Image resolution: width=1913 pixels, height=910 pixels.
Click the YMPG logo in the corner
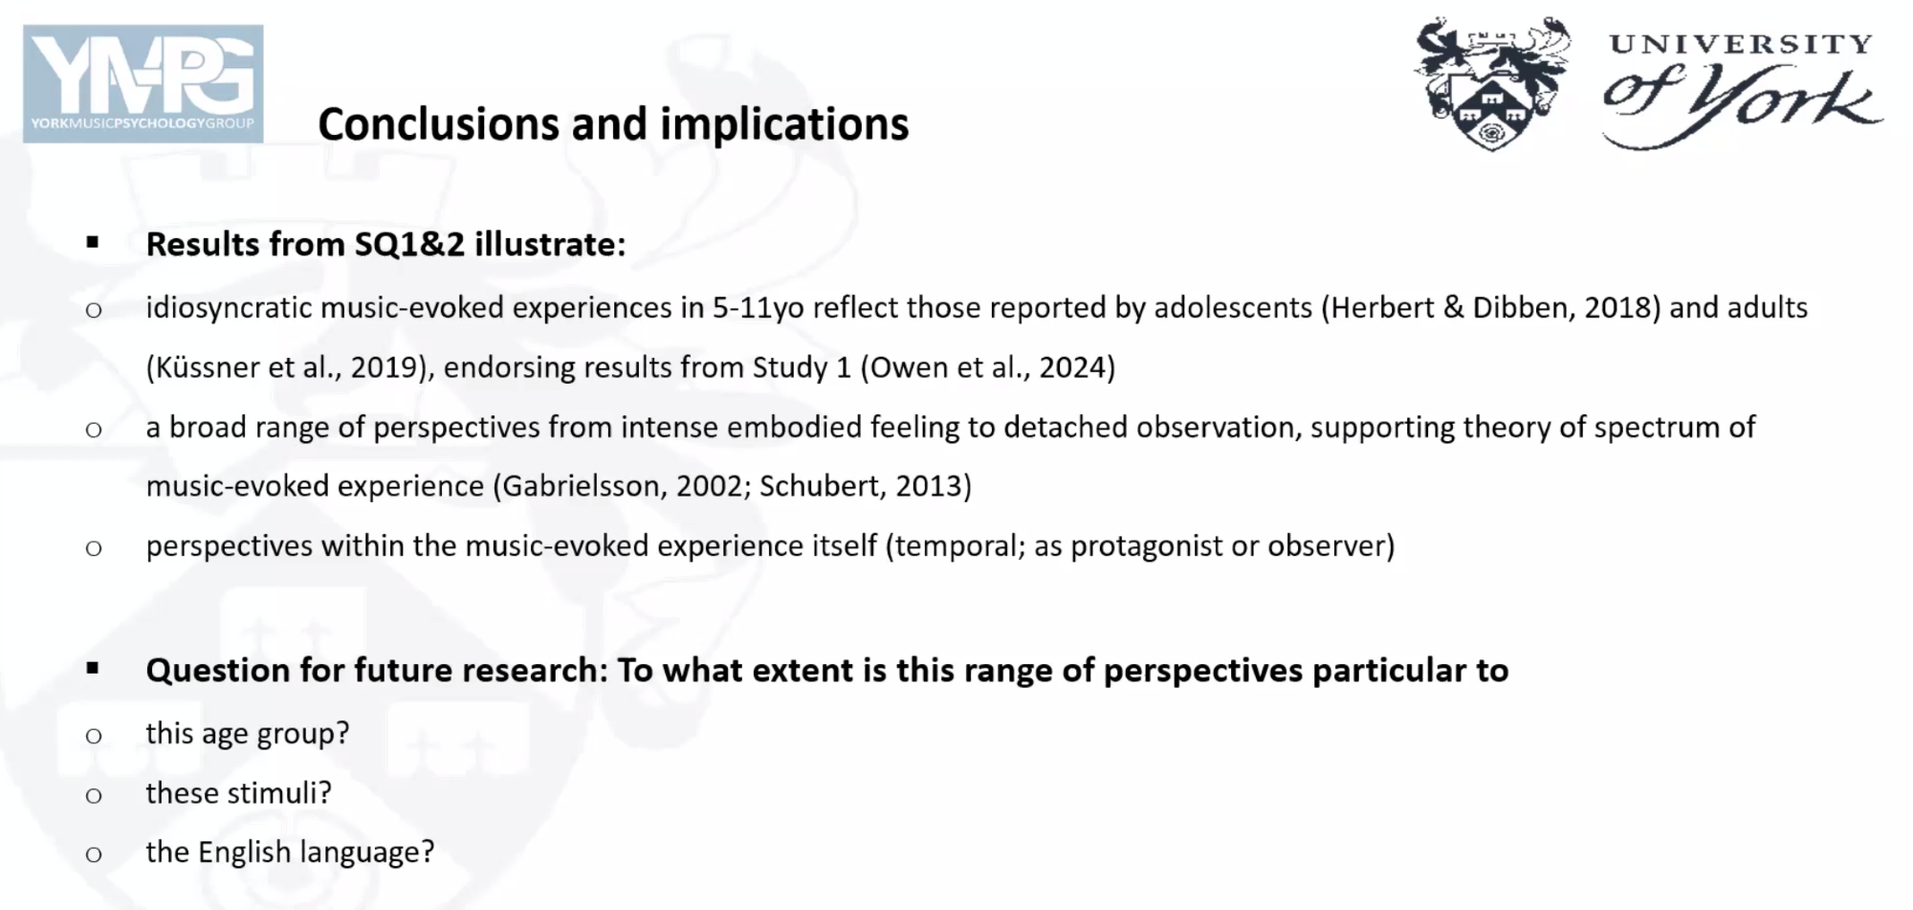tap(143, 84)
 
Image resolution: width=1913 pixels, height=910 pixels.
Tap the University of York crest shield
tap(1490, 112)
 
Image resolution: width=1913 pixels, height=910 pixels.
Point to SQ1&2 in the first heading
tap(409, 245)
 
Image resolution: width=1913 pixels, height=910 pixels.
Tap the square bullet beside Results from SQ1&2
tap(93, 243)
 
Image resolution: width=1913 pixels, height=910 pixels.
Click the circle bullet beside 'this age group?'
tap(94, 736)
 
